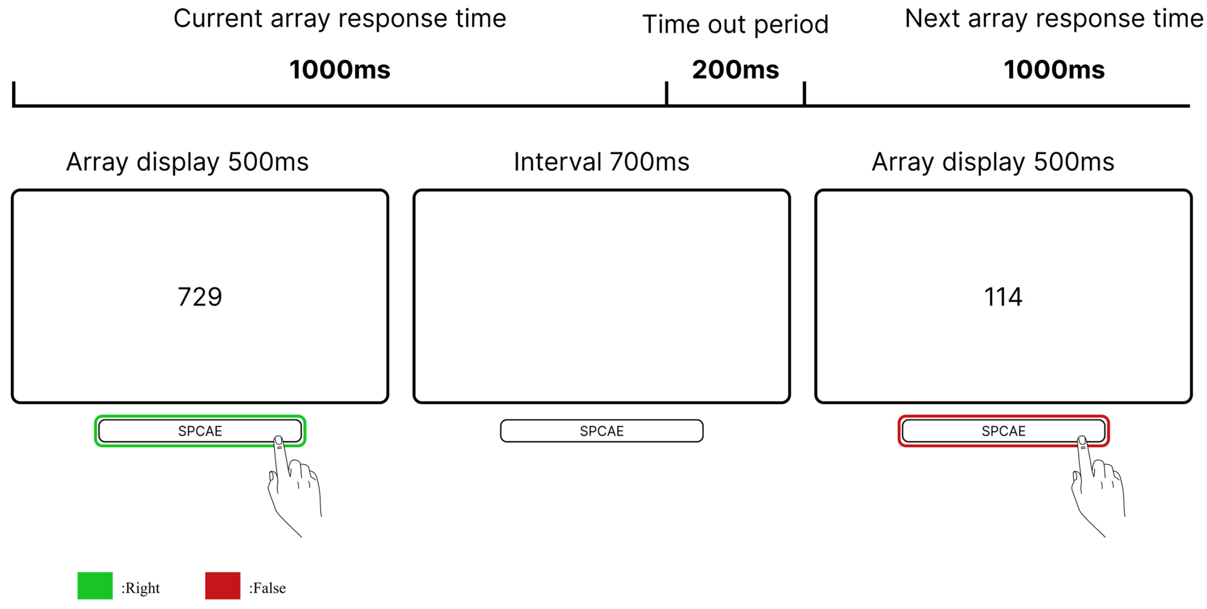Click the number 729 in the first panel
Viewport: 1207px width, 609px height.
coord(200,297)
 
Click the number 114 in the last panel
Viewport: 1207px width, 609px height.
coord(1003,297)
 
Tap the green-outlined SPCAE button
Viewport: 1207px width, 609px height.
coord(200,431)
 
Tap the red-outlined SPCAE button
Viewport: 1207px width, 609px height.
coord(1003,431)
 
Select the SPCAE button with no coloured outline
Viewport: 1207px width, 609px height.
coord(602,431)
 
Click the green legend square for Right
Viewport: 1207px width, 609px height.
coord(95,585)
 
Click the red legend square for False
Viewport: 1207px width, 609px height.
coord(222,585)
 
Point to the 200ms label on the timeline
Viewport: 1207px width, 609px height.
coord(735,70)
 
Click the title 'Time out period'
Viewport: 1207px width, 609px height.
coord(735,24)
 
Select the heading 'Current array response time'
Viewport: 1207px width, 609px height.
coord(340,19)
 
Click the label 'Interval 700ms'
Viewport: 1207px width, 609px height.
coord(602,162)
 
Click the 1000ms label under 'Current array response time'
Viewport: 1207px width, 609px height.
coord(340,70)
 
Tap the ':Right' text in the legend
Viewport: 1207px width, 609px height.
coord(141,588)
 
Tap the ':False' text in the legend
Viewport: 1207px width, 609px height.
coord(267,588)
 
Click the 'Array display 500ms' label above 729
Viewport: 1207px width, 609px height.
coord(187,162)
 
